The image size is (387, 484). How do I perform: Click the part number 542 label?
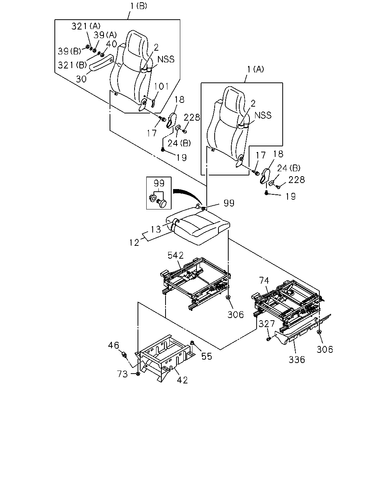coord(175,255)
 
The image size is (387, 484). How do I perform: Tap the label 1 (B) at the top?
coord(139,6)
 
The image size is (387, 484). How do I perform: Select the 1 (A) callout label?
coord(255,70)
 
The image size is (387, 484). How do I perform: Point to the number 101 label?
coord(161,86)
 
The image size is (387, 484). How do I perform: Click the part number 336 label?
coord(297,360)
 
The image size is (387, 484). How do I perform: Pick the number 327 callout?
coord(267,324)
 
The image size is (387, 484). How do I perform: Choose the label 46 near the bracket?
coord(113,345)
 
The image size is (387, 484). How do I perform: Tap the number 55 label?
coord(207,356)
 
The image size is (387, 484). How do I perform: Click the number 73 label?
coord(122,374)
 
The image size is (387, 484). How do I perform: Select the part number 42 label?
coord(182,380)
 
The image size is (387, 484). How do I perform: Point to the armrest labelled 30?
coord(101,63)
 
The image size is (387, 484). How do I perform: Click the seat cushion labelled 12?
coord(198,226)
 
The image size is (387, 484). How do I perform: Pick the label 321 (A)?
coord(86,26)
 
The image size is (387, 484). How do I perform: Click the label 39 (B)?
coord(70,51)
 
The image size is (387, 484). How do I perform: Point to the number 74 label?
coord(264,281)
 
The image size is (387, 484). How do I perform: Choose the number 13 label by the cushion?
coord(156,230)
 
